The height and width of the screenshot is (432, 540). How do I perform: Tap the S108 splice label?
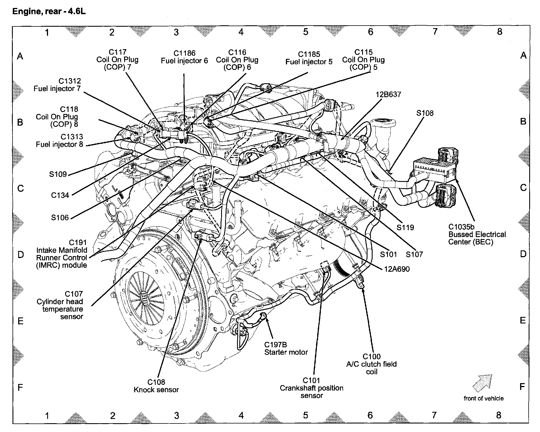pyautogui.click(x=425, y=113)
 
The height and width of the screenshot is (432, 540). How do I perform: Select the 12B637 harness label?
pyautogui.click(x=388, y=94)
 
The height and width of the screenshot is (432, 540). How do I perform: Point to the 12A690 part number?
pyautogui.click(x=397, y=269)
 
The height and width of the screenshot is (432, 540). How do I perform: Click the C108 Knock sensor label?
pyautogui.click(x=156, y=386)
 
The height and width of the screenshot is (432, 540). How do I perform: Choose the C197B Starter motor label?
pyautogui.click(x=286, y=348)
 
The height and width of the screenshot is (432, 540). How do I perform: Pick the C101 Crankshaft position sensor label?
pyautogui.click(x=311, y=388)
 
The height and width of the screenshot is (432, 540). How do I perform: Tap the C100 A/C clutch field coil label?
pyautogui.click(x=371, y=364)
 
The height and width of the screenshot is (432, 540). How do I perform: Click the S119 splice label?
pyautogui.click(x=405, y=227)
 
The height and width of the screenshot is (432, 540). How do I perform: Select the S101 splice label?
pyautogui.click(x=388, y=254)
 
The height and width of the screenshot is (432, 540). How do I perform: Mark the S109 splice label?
pyautogui.click(x=58, y=174)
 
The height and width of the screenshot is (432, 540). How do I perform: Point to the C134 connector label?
pyautogui.click(x=60, y=195)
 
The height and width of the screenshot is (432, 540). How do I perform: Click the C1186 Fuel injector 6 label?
pyautogui.click(x=184, y=57)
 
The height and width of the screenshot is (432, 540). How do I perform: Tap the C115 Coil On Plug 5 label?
pyautogui.click(x=363, y=60)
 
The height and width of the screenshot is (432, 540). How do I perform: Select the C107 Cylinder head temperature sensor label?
pyautogui.click(x=60, y=305)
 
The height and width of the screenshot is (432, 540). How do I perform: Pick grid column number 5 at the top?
pyautogui.click(x=306, y=32)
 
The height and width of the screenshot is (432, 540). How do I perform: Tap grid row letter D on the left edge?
pyautogui.click(x=20, y=254)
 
